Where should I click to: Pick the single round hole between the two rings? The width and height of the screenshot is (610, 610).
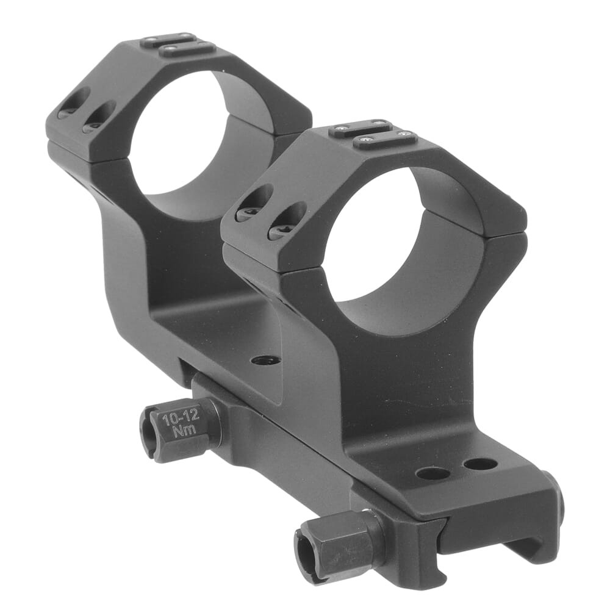tap(265, 360)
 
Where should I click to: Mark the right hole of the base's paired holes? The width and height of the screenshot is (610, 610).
tap(480, 464)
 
